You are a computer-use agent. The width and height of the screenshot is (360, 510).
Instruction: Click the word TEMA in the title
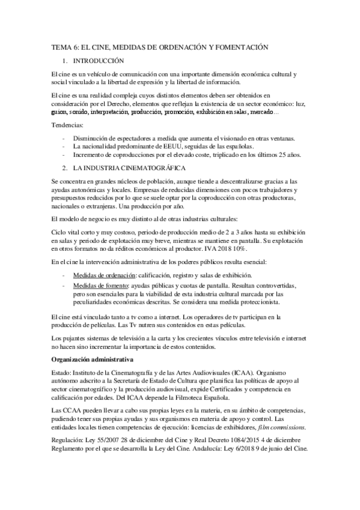point(60,47)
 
